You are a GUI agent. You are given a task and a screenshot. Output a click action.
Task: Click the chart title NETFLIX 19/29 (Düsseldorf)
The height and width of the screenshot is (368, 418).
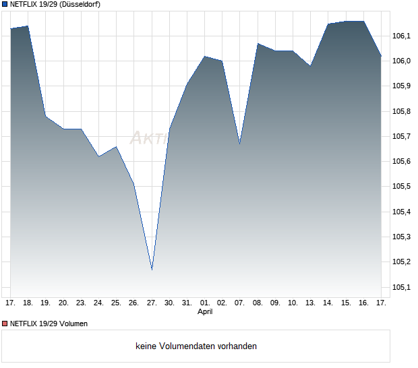55,4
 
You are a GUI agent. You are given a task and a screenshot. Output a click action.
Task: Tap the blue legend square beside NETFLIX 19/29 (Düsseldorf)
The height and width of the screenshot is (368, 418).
4,4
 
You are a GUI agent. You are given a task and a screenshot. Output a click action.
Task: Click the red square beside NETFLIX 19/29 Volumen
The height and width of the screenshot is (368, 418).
4,324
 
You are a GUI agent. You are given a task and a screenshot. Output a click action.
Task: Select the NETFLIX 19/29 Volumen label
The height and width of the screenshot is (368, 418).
49,324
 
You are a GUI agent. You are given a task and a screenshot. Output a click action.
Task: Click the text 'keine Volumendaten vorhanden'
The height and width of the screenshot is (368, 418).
196,346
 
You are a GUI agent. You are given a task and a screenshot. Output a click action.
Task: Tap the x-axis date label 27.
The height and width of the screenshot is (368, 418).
152,303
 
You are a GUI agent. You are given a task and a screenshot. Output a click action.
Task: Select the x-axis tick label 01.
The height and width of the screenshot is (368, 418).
205,303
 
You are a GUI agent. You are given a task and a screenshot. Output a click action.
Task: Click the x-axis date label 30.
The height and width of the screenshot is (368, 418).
169,303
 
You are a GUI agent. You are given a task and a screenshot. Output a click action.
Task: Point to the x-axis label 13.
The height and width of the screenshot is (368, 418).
310,303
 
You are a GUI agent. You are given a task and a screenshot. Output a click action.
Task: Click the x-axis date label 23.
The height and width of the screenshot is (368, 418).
81,303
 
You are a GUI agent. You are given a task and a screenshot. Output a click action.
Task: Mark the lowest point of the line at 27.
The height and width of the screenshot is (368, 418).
152,270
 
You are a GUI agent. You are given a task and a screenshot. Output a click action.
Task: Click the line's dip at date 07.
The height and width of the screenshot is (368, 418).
239,144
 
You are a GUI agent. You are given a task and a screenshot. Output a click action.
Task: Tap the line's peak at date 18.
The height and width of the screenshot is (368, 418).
28,26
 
